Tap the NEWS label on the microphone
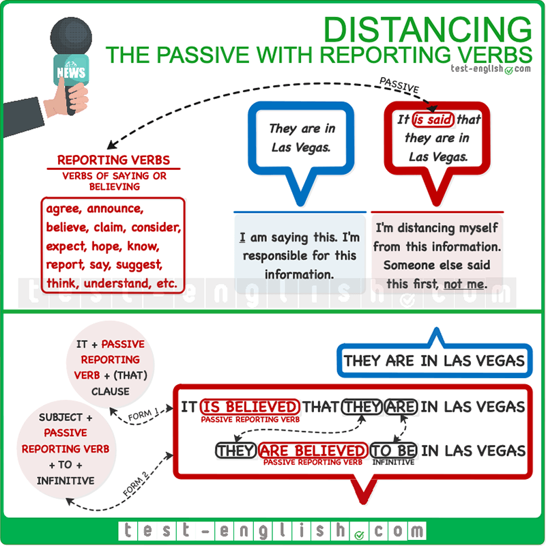[x=71, y=73]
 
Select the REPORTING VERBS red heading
[x=113, y=160]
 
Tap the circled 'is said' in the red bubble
[x=433, y=120]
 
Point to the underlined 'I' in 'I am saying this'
[x=242, y=239]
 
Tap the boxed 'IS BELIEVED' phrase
[x=250, y=407]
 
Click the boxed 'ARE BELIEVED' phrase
[x=313, y=450]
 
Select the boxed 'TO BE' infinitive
[x=394, y=450]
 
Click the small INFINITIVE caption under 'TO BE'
[x=393, y=462]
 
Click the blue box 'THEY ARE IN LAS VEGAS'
[x=434, y=361]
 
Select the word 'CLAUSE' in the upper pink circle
[x=111, y=392]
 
